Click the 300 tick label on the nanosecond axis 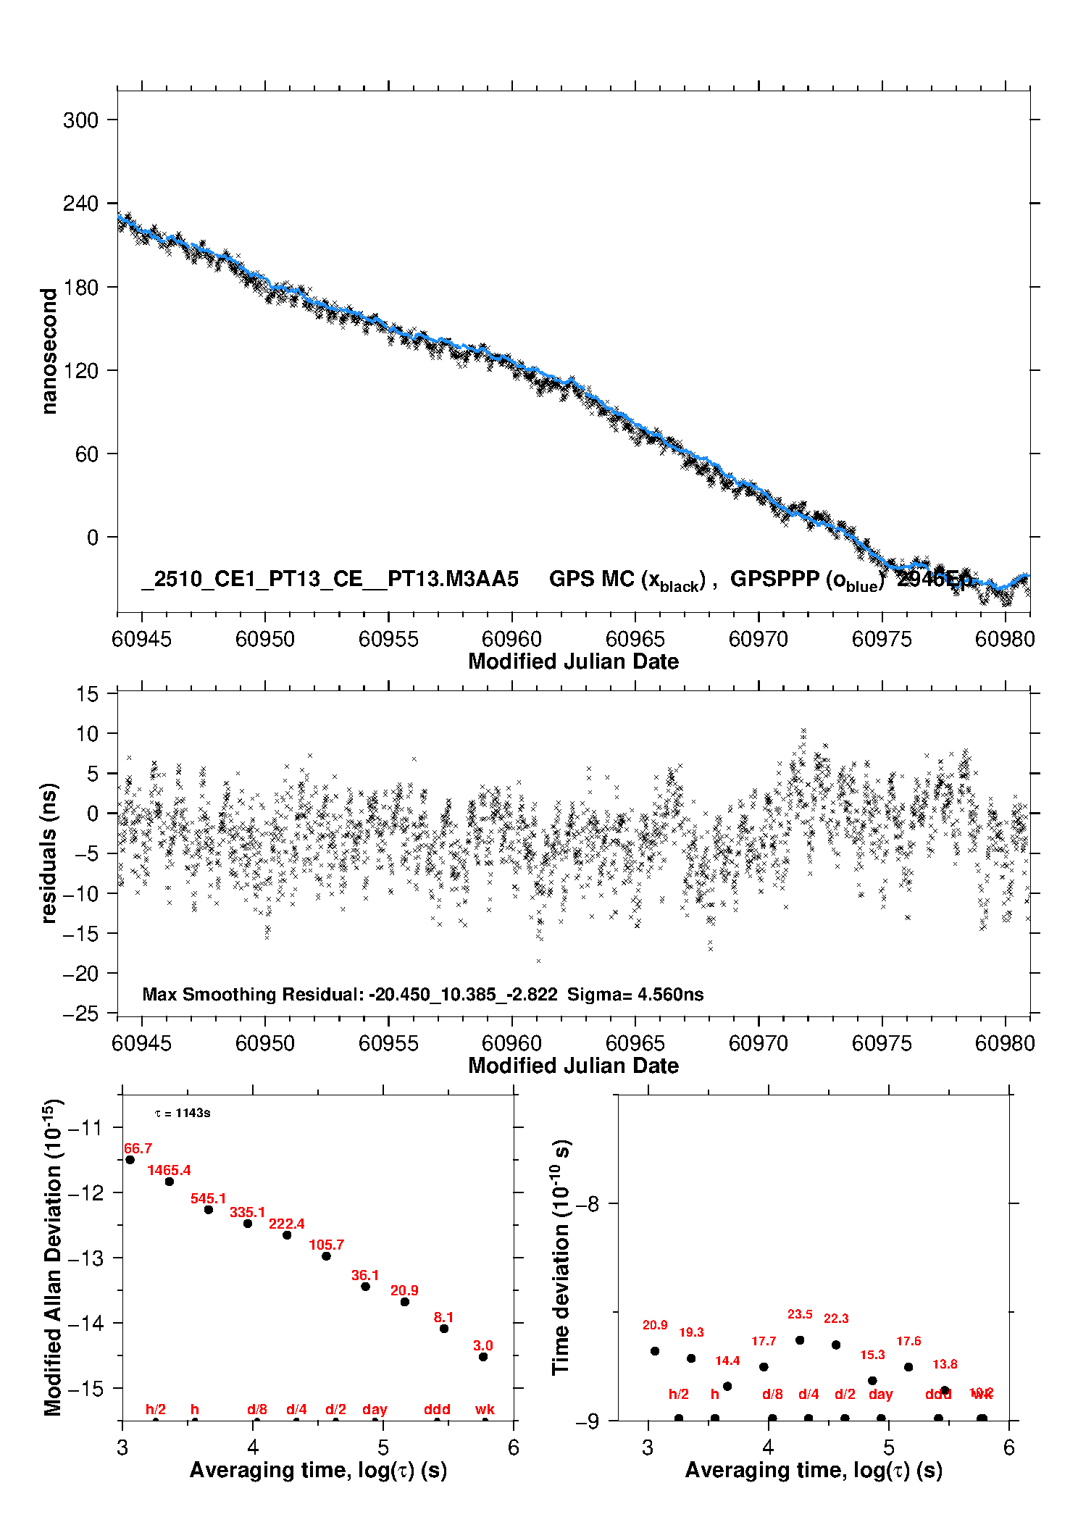point(80,120)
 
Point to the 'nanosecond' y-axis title point(49,351)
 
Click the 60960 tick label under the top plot point(511,639)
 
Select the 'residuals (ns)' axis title point(49,853)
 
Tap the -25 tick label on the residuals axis point(80,1014)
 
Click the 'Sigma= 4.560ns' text point(635,995)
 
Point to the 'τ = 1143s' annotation point(183,1114)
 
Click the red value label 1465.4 point(169,1170)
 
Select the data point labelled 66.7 point(130,1160)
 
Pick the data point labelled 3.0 point(483,1357)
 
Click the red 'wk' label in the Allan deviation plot point(485,1409)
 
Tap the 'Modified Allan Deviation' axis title point(54,1258)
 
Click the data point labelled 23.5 point(800,1340)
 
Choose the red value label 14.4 point(727,1361)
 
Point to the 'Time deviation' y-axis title point(561,1258)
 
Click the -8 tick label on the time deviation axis point(588,1204)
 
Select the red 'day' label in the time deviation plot point(880,1394)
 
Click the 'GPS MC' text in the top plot point(591,579)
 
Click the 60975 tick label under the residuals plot point(882,1043)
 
